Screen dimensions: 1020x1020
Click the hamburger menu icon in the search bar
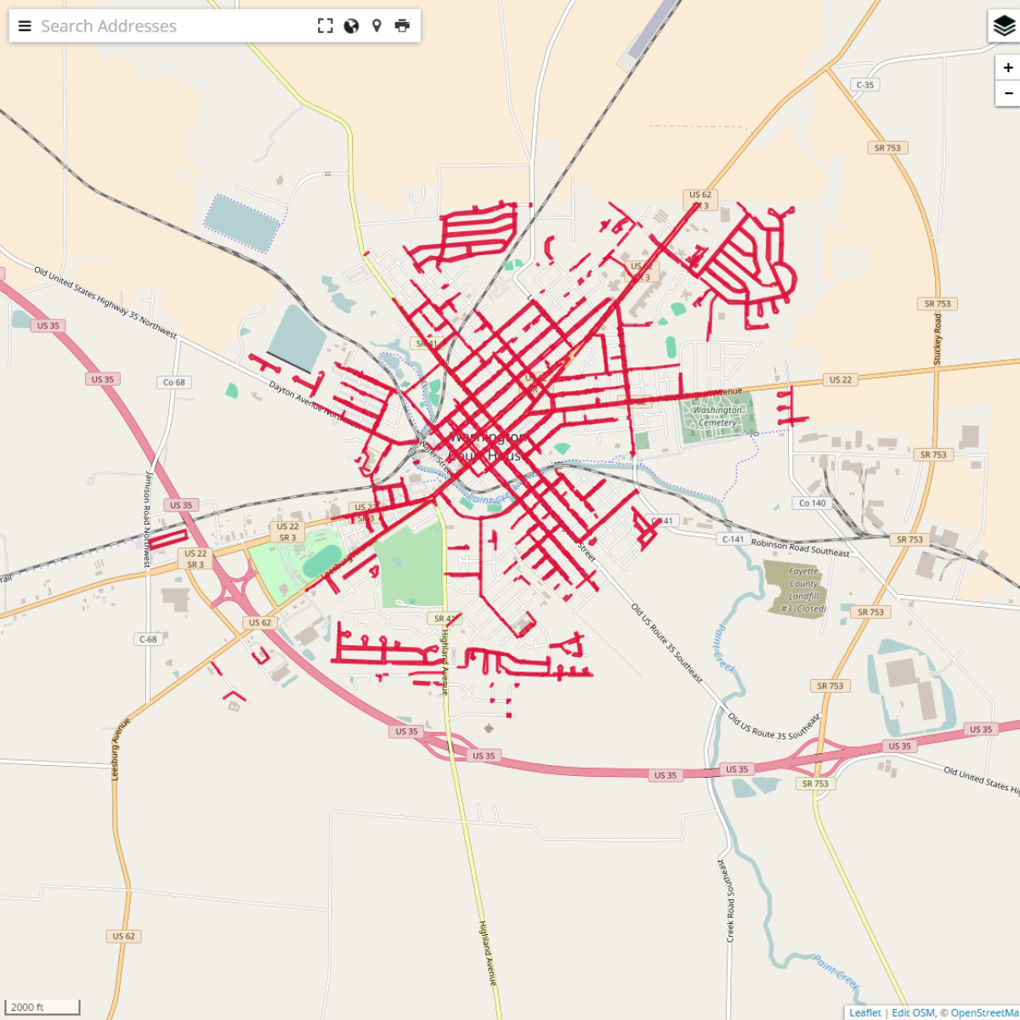point(25,26)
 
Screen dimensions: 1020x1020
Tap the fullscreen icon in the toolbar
point(326,26)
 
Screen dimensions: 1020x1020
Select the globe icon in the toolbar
point(351,26)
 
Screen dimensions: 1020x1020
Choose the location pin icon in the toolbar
point(377,26)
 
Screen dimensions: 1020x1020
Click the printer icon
point(402,26)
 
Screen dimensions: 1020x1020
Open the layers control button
point(1004,26)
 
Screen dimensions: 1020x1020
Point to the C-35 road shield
point(864,85)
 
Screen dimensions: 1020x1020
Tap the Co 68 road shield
point(173,382)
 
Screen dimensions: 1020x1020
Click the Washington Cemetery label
point(717,416)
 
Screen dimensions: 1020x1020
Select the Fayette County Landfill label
point(803,590)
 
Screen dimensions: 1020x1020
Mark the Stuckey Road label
point(938,340)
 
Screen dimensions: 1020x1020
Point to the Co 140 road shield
point(812,503)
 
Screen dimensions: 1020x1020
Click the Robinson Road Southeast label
point(800,547)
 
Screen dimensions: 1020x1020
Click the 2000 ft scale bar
point(42,1007)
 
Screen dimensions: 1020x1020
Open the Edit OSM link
point(913,1012)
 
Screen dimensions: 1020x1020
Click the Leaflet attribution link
point(865,1012)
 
